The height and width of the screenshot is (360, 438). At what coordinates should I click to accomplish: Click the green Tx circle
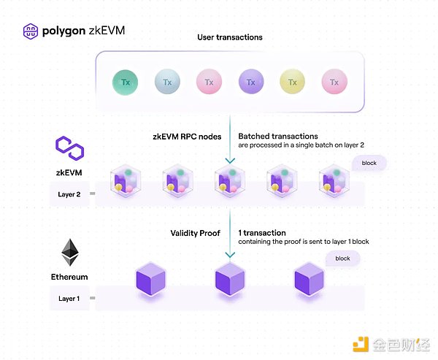(125, 83)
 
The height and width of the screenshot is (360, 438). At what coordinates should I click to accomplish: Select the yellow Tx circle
(293, 83)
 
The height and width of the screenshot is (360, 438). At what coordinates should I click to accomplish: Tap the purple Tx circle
(251, 82)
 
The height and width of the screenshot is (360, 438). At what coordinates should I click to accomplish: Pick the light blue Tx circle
(167, 82)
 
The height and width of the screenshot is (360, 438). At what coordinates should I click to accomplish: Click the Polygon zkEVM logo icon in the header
(31, 31)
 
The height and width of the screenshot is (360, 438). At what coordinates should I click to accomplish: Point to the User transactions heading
(230, 37)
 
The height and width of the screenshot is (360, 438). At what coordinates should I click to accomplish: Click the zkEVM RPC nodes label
(187, 137)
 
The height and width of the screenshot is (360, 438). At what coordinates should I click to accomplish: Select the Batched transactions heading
(278, 136)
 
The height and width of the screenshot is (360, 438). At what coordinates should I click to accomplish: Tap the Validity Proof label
(195, 233)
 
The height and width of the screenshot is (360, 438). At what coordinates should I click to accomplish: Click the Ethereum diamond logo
(70, 253)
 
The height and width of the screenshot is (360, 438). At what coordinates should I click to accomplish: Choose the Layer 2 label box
(69, 194)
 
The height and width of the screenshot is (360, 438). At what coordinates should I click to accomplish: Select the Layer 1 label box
(69, 298)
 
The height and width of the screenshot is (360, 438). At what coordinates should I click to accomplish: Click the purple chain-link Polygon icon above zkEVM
(70, 148)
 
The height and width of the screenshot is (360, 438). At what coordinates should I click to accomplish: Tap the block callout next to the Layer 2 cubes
(369, 163)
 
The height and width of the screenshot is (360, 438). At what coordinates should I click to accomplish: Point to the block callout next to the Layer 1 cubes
(343, 258)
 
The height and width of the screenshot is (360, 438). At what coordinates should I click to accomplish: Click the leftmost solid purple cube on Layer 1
(151, 280)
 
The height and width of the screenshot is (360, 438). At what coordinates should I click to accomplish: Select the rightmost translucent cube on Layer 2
(334, 181)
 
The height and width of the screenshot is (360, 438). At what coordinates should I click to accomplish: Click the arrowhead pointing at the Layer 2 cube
(230, 161)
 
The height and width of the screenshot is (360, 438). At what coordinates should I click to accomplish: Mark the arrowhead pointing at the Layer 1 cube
(230, 255)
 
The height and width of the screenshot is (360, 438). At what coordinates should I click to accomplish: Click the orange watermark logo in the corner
(361, 345)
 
